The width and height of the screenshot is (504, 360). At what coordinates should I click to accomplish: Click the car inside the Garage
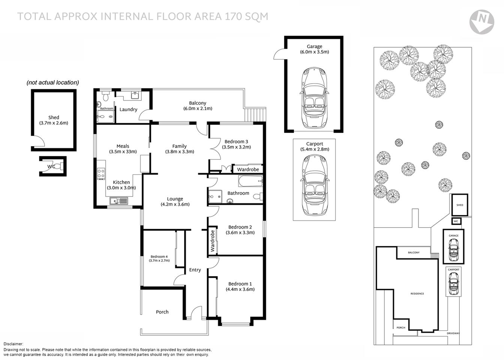[314, 98]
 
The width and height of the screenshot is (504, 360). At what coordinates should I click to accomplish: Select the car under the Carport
[314, 186]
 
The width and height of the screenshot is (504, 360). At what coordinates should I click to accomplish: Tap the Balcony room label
[197, 103]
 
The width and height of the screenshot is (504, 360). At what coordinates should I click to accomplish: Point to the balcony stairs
[255, 114]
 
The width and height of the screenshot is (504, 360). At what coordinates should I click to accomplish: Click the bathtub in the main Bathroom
[250, 183]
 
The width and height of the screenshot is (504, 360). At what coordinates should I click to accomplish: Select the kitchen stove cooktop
[101, 173]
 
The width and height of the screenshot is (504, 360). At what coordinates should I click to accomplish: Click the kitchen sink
[119, 201]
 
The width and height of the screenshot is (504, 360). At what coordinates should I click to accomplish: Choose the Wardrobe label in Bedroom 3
[248, 169]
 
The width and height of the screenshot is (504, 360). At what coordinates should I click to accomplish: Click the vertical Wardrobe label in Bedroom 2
[212, 241]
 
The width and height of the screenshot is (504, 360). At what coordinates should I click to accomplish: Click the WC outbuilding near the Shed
[53, 166]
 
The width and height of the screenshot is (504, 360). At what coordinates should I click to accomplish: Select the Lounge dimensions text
[175, 204]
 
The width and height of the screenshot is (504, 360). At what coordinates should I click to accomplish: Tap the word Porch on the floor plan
[162, 312]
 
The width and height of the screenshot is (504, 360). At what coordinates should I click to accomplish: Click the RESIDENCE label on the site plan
[417, 294]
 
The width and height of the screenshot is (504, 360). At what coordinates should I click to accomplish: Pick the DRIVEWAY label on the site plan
[453, 333]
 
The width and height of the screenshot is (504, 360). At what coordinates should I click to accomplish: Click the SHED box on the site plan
[460, 205]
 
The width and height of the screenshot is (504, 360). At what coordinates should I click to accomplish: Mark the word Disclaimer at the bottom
[13, 344]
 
